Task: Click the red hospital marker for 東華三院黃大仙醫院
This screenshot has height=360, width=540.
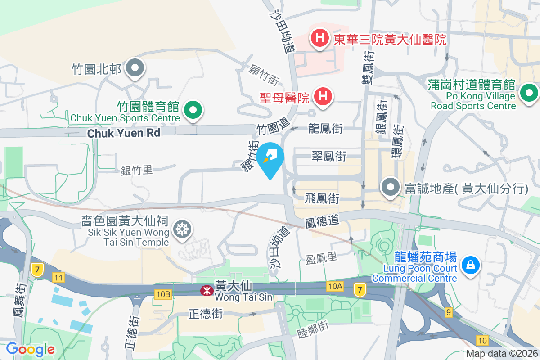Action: pyautogui.click(x=319, y=37)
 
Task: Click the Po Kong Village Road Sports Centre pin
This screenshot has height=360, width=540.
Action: pyautogui.click(x=529, y=94)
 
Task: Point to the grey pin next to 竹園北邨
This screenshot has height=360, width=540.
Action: pyautogui.click(x=135, y=69)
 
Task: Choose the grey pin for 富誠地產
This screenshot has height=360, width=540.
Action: pyautogui.click(x=390, y=187)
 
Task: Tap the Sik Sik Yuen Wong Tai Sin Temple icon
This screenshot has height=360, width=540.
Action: pyautogui.click(x=182, y=229)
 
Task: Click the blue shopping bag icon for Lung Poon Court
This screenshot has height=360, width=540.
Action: pyautogui.click(x=470, y=264)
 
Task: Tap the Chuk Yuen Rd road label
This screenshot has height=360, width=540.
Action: pyautogui.click(x=124, y=133)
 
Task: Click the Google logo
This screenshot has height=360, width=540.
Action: pyautogui.click(x=30, y=349)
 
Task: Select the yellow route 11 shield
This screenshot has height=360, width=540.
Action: pyautogui.click(x=58, y=277)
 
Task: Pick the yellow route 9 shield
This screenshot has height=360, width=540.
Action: pyautogui.click(x=448, y=311)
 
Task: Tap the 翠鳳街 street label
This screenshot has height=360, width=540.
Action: pyautogui.click(x=329, y=156)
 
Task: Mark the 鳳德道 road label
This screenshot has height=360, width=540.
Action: pyautogui.click(x=321, y=221)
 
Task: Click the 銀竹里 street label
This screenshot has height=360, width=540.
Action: pyautogui.click(x=137, y=170)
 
